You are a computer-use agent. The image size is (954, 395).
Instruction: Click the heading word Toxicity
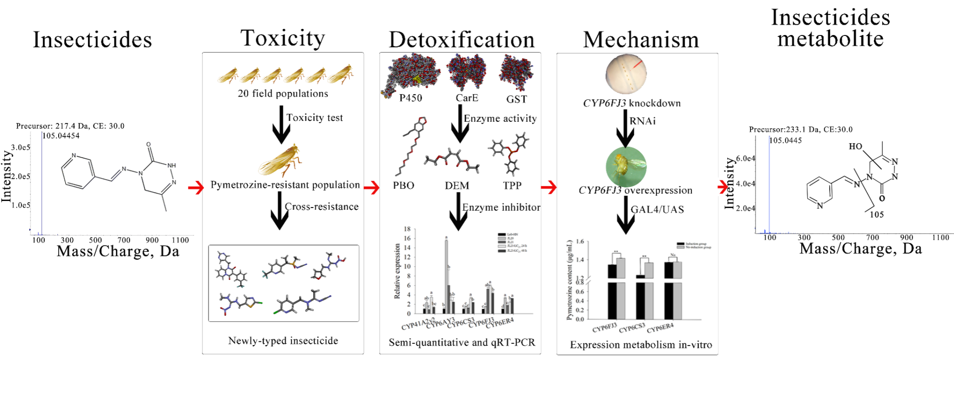click(x=283, y=39)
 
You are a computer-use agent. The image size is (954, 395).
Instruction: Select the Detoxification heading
click(x=462, y=40)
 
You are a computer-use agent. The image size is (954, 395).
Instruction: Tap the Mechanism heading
click(x=641, y=40)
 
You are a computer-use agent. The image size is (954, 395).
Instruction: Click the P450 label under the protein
click(x=410, y=98)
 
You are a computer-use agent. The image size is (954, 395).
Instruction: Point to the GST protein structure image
click(x=516, y=72)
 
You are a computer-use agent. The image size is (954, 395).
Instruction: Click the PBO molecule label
click(x=403, y=186)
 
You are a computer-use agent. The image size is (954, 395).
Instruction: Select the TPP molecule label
click(x=512, y=186)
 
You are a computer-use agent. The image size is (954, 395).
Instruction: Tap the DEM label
click(x=457, y=186)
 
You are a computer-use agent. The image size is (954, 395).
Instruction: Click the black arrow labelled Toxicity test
click(x=281, y=124)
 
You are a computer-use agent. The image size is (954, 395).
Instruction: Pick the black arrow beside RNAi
click(x=625, y=128)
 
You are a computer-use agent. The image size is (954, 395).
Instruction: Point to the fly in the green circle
click(x=626, y=167)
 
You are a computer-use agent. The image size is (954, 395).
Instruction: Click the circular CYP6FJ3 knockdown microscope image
click(x=626, y=74)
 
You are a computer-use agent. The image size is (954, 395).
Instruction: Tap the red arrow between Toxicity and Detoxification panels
click(x=371, y=188)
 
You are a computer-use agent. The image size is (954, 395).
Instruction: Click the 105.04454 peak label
click(x=61, y=136)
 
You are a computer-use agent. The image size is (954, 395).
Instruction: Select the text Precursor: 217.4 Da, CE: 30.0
click(x=70, y=126)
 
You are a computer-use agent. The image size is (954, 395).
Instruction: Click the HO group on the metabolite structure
click(x=855, y=146)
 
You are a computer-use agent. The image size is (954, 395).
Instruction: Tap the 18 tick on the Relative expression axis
click(x=408, y=229)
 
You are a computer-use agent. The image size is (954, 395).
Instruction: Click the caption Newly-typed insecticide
click(x=283, y=341)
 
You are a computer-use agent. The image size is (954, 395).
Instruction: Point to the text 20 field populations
click(x=283, y=94)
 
